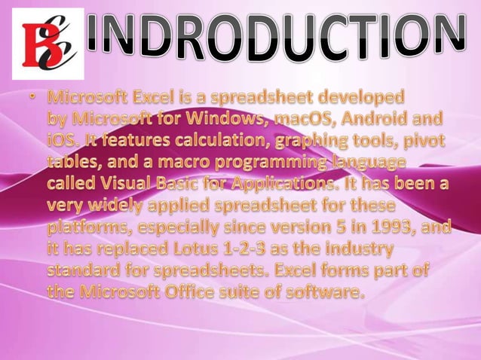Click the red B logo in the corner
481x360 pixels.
coord(47,44)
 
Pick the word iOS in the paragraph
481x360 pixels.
coord(63,141)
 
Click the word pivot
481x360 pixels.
coord(422,141)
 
